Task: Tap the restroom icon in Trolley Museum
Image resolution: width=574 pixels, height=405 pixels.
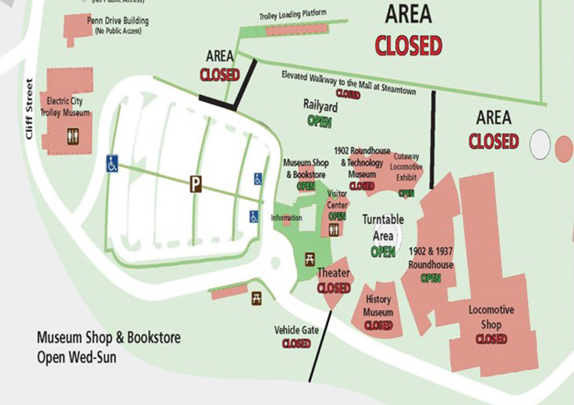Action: point(73,136)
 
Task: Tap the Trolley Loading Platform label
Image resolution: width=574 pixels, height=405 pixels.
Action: point(292,14)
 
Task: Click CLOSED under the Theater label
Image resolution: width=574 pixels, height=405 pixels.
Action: point(334,288)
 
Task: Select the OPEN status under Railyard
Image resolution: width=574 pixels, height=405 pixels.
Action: point(319,121)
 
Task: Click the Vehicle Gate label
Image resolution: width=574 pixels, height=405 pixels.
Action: point(296,330)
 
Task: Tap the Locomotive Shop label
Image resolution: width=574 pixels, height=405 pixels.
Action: point(491,317)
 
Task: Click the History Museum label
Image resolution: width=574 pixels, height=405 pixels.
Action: point(378,306)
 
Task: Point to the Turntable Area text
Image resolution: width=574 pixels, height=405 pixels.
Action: point(383,227)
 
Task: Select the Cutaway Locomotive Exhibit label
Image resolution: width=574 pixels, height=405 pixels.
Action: point(406,167)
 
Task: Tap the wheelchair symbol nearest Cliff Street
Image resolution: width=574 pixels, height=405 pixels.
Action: point(112,164)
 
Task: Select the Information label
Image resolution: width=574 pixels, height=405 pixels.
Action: point(287,218)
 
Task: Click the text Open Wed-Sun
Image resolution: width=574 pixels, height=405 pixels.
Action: point(77,357)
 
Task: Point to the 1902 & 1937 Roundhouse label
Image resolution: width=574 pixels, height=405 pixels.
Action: point(430,257)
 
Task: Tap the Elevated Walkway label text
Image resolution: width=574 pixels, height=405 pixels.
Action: point(348,83)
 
